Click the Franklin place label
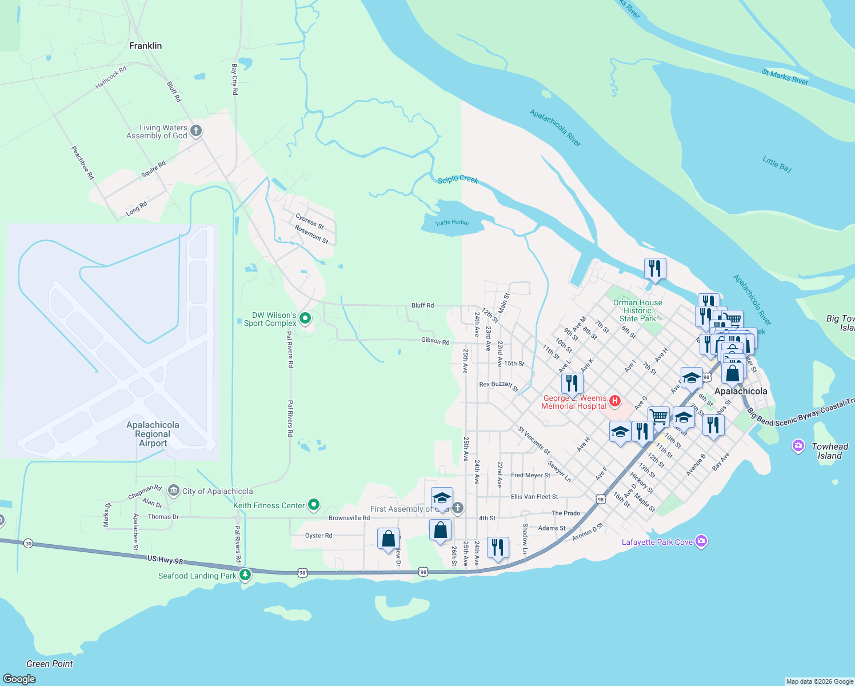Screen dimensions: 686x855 (x=145, y=46)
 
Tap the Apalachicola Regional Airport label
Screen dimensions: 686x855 (x=153, y=434)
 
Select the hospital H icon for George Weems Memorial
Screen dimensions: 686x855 (x=615, y=401)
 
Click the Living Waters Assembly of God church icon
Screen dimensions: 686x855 (x=196, y=131)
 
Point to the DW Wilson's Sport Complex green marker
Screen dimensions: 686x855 (x=305, y=318)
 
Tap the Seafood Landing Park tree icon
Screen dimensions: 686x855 (x=245, y=574)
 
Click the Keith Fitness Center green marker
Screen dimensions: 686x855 (x=313, y=505)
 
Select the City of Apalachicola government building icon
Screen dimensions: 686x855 (x=174, y=491)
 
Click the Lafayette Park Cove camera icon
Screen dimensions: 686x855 (x=701, y=541)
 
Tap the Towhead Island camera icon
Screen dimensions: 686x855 (x=798, y=446)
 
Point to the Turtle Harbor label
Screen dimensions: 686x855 (x=452, y=222)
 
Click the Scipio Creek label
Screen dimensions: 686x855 (x=457, y=180)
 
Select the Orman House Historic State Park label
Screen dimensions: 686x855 (x=637, y=310)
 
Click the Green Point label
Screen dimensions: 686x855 (x=50, y=664)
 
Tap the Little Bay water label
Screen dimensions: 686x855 (x=777, y=164)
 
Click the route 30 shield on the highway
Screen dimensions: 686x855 (x=29, y=543)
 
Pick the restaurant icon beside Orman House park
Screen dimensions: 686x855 (x=655, y=268)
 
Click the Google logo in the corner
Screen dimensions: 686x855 (x=19, y=679)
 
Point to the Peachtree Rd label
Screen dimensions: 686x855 (x=82, y=163)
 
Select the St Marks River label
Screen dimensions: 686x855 (x=785, y=77)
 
